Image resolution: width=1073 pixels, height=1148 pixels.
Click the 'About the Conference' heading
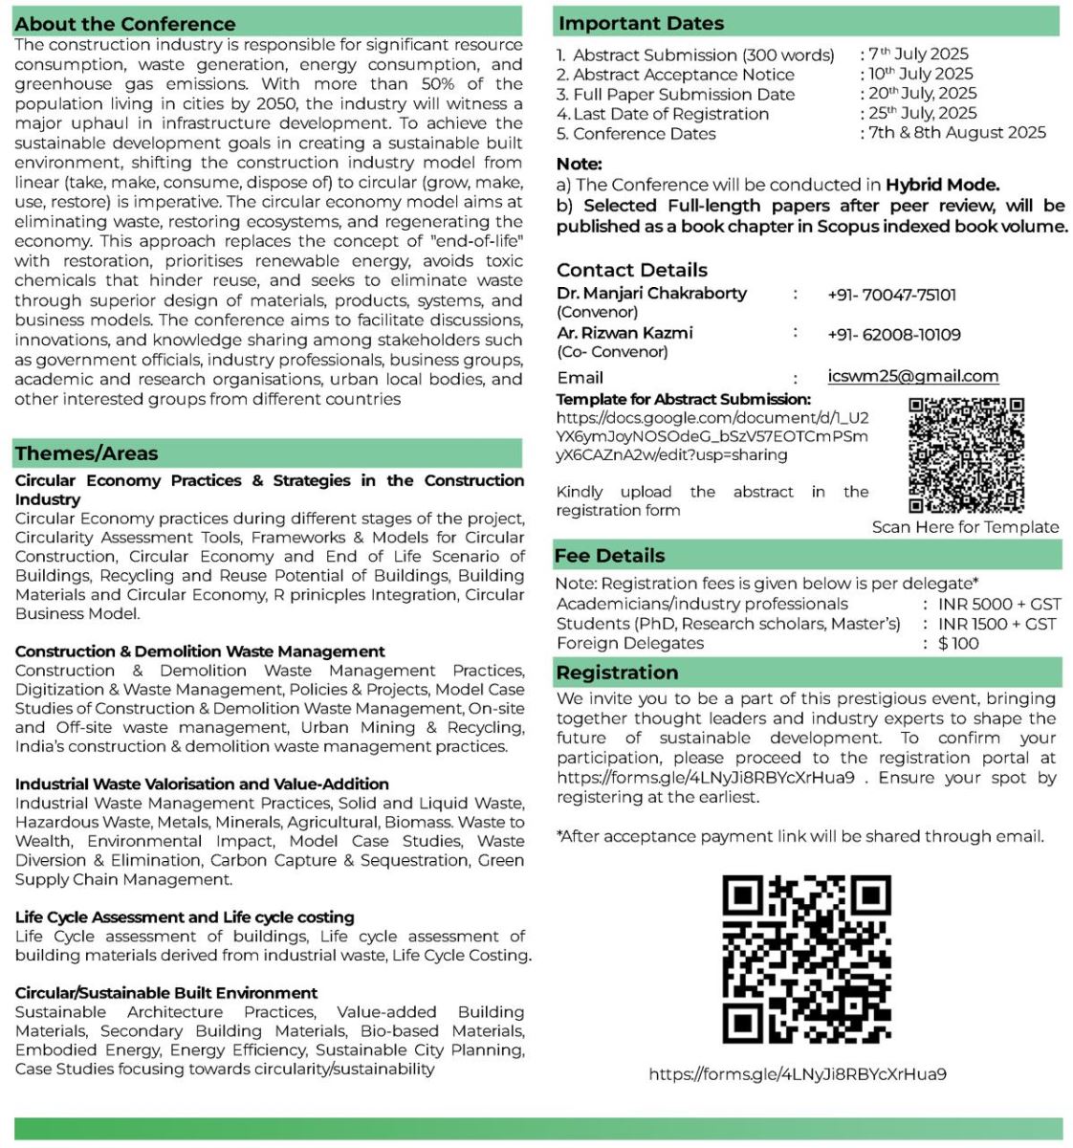125,24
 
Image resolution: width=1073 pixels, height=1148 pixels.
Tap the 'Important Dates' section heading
641,23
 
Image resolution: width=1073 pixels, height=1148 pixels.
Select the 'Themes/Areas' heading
86,453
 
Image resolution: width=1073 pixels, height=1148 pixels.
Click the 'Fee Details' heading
609,556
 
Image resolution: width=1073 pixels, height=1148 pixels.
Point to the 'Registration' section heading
617,673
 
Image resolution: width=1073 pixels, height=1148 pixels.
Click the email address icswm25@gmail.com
912,376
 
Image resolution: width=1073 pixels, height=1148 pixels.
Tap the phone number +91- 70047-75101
891,295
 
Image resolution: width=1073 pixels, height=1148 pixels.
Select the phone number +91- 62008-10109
893,335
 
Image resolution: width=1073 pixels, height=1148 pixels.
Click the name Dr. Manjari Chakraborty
651,294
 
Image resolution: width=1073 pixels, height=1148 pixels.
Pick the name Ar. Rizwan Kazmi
624,333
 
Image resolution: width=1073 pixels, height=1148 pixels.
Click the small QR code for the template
966,455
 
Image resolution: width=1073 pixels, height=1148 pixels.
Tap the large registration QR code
806,959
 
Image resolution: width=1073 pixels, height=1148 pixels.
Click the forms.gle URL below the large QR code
798,1074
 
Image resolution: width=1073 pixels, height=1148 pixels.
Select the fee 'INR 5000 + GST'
999,604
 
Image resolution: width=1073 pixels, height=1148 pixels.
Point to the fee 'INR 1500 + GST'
996,624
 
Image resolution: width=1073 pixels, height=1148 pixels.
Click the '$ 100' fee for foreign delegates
958,643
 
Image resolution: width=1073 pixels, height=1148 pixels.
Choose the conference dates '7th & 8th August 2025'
956,133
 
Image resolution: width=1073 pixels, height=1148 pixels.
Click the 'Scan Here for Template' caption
965,527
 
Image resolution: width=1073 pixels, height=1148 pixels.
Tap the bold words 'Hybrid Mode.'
942,185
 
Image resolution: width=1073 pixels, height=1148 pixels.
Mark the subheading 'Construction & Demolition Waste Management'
200,651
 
